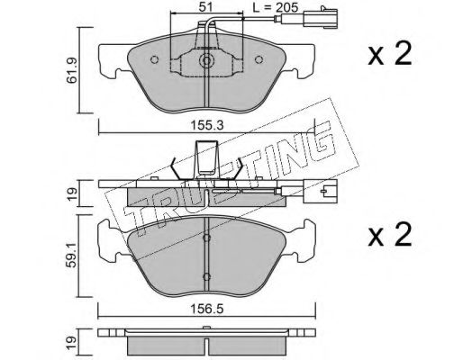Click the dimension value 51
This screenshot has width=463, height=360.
coord(206,6)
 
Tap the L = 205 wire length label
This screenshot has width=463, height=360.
coord(276,7)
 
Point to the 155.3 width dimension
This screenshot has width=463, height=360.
coord(207,125)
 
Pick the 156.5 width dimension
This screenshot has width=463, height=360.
coord(207,309)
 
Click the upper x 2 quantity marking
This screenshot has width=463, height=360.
coord(390,54)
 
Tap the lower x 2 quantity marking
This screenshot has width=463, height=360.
coord(390,235)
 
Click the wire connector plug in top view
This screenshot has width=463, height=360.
coord(321,18)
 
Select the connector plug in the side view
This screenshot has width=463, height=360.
coord(321,191)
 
